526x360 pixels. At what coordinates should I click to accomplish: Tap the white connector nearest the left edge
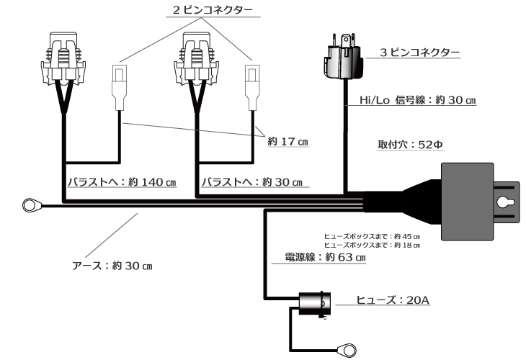[x=120, y=82]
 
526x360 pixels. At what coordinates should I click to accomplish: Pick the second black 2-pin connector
[x=196, y=56]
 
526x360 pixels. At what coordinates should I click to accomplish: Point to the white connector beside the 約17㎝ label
[x=251, y=82]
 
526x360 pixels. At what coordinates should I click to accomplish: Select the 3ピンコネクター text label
[x=420, y=53]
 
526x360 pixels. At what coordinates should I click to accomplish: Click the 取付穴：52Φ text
[x=411, y=143]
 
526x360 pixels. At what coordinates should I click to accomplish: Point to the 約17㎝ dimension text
[x=287, y=142]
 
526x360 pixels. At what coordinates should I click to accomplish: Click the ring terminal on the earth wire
[x=30, y=206]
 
